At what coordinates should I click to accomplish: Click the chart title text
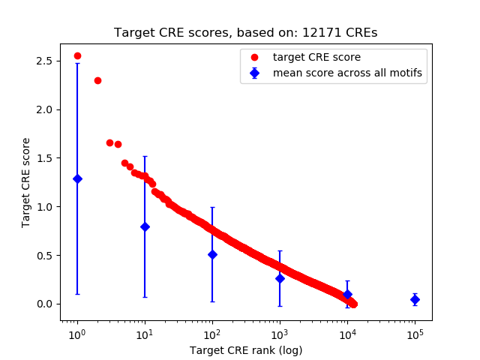246,33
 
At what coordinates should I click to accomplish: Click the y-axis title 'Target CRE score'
25,182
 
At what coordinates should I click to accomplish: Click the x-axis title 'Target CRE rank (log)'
246,350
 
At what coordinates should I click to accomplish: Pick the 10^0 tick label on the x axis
76,334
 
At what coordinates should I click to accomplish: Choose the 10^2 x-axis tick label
212,334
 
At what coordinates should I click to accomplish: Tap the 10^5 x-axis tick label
415,334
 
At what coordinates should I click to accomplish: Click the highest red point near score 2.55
77,55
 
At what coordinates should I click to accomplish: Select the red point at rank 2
97,80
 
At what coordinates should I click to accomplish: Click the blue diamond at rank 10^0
77,178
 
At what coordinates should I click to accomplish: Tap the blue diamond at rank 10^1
145,226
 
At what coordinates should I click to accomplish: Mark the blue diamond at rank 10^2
212,254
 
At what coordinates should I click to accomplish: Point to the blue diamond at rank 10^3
280,278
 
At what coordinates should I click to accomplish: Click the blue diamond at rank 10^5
415,299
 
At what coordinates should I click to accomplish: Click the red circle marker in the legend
255,57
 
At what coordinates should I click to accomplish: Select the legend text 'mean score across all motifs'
347,73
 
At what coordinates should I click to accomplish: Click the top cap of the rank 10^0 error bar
77,64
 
